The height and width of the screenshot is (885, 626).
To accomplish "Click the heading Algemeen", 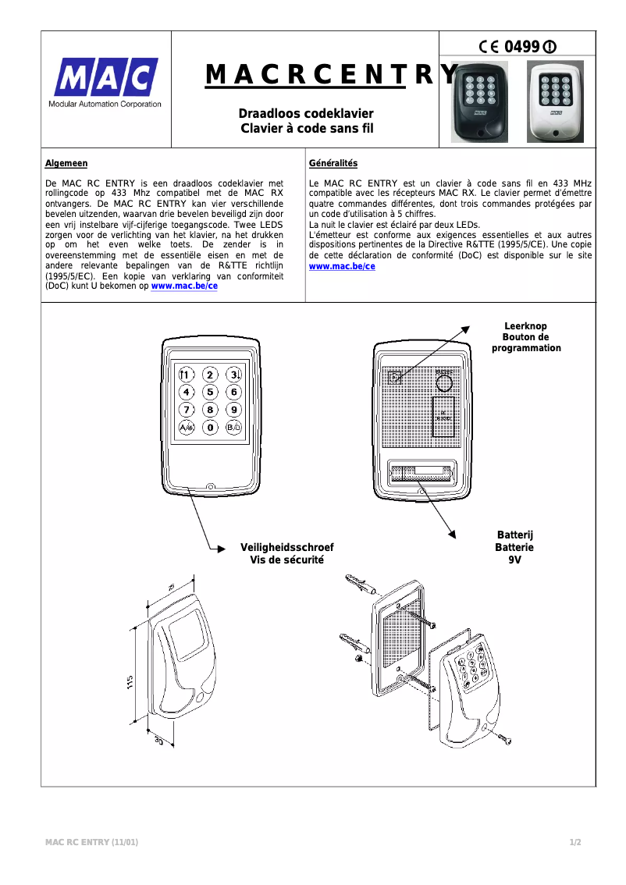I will [x=66, y=163].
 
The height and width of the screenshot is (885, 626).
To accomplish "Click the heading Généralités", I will [x=333, y=163].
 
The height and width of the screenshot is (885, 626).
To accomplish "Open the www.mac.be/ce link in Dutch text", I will [x=184, y=286].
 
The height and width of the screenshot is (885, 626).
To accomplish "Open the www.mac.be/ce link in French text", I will [x=342, y=266].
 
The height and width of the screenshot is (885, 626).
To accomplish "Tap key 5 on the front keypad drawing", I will [x=210, y=392].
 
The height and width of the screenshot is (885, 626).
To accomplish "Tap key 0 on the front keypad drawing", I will [x=210, y=428].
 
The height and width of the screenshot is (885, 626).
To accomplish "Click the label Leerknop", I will [x=525, y=326].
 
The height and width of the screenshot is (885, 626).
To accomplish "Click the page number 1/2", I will [x=575, y=842].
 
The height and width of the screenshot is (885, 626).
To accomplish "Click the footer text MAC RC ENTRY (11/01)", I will [x=92, y=842].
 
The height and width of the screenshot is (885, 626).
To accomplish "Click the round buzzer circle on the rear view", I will [x=444, y=382].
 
